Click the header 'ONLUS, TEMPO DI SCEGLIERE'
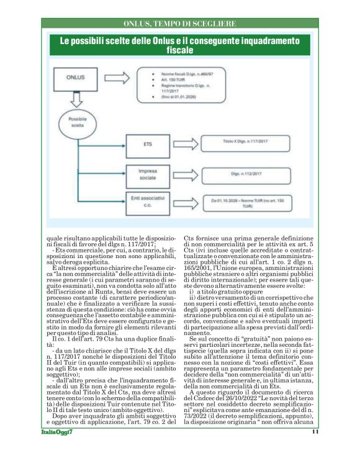coord(179,24)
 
